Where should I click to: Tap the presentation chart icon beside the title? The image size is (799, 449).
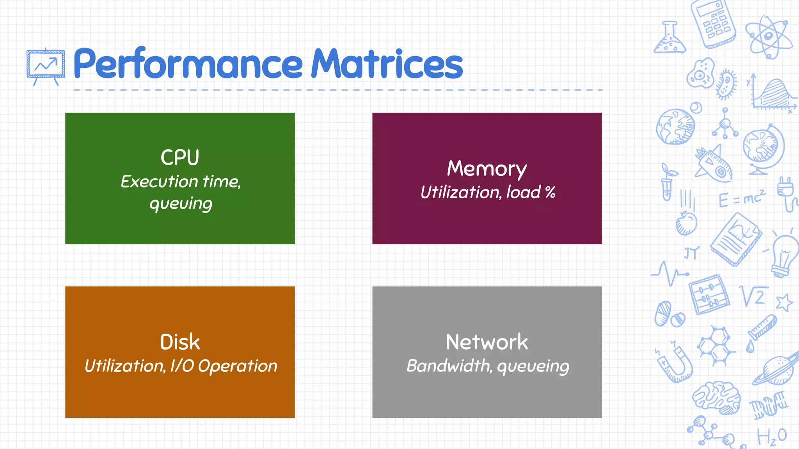[x=46, y=65]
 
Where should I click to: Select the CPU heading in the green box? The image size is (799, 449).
[x=180, y=157]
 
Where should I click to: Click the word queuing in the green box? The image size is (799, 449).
[x=181, y=204]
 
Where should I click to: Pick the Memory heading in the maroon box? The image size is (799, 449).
[x=487, y=169]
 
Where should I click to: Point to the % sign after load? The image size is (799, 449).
[x=550, y=192]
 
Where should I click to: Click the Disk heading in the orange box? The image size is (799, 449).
[x=180, y=342]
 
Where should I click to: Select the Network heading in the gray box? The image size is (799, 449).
[x=487, y=342]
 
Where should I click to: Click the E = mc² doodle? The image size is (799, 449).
[x=741, y=199]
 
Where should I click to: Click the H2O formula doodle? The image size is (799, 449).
[x=772, y=437]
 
